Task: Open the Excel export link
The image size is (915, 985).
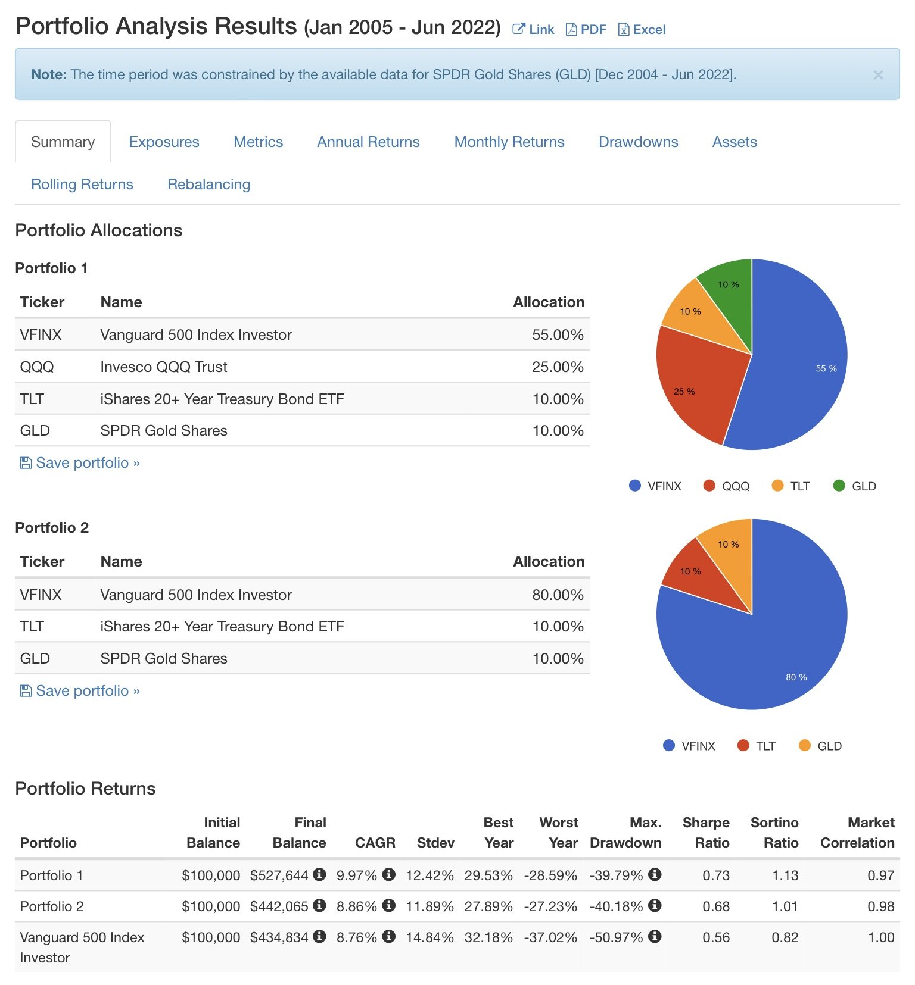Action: [642, 29]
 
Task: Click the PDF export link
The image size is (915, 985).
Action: [586, 29]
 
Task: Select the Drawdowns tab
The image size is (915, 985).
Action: [638, 142]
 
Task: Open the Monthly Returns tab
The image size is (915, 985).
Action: [509, 142]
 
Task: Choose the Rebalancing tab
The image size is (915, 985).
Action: [208, 184]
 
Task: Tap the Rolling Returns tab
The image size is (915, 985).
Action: [82, 184]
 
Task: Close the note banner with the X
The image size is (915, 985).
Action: [877, 75]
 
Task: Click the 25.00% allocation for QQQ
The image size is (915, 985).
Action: [557, 367]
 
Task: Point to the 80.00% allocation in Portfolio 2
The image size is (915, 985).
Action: [557, 595]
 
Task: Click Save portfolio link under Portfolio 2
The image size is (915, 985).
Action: [82, 690]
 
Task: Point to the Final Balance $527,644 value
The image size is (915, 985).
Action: [279, 875]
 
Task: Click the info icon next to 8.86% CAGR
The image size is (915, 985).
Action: [389, 905]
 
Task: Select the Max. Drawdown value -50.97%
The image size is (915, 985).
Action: [616, 937]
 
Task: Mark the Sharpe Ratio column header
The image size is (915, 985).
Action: [706, 832]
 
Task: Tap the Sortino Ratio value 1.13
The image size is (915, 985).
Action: [785, 875]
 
